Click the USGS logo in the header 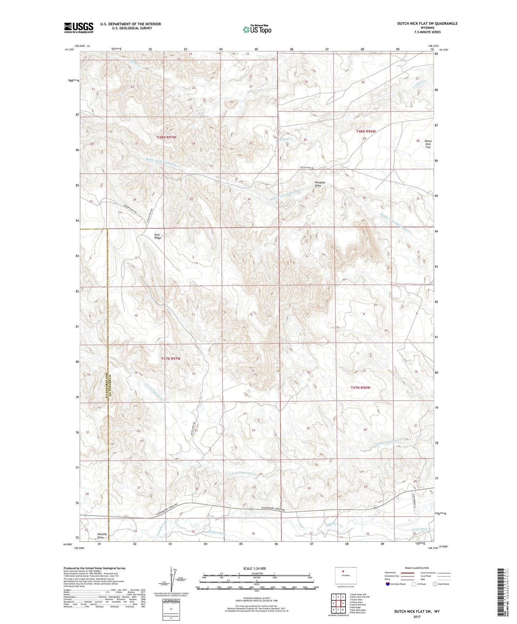pyautogui.click(x=79, y=28)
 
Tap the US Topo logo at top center pyautogui.click(x=257, y=29)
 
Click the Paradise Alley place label pyautogui.click(x=320, y=184)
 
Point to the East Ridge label pyautogui.click(x=158, y=236)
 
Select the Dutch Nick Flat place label pyautogui.click(x=428, y=144)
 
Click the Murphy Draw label pyautogui.click(x=102, y=536)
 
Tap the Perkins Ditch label pyautogui.click(x=217, y=533)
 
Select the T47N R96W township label pyautogui.click(x=360, y=387)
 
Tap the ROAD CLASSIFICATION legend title pyautogui.click(x=417, y=568)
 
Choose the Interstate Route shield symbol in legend pyautogui.click(x=388, y=584)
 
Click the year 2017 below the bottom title pyautogui.click(x=417, y=616)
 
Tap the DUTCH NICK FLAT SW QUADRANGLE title pyautogui.click(x=427, y=24)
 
